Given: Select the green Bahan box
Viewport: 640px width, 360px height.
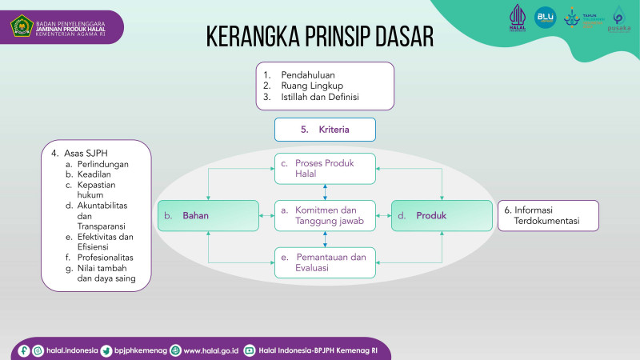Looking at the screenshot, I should coord(208,216).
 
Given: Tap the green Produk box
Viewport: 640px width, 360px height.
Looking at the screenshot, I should coord(442,216).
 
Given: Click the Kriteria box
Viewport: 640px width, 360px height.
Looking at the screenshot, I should coord(325,129).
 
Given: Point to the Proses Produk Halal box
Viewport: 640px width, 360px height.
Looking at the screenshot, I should coord(325,169).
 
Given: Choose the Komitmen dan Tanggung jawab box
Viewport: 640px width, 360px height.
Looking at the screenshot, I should coord(325,216).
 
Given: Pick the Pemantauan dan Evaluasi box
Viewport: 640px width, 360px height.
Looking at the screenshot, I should coord(325,262).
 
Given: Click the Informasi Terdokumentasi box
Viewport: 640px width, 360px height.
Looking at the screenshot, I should coord(547,216).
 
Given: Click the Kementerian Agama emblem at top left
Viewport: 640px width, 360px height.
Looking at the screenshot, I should coord(21,26).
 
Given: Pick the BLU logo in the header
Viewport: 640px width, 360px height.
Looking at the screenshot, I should coord(544,17).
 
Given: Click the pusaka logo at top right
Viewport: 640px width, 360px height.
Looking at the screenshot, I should coord(618,20).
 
